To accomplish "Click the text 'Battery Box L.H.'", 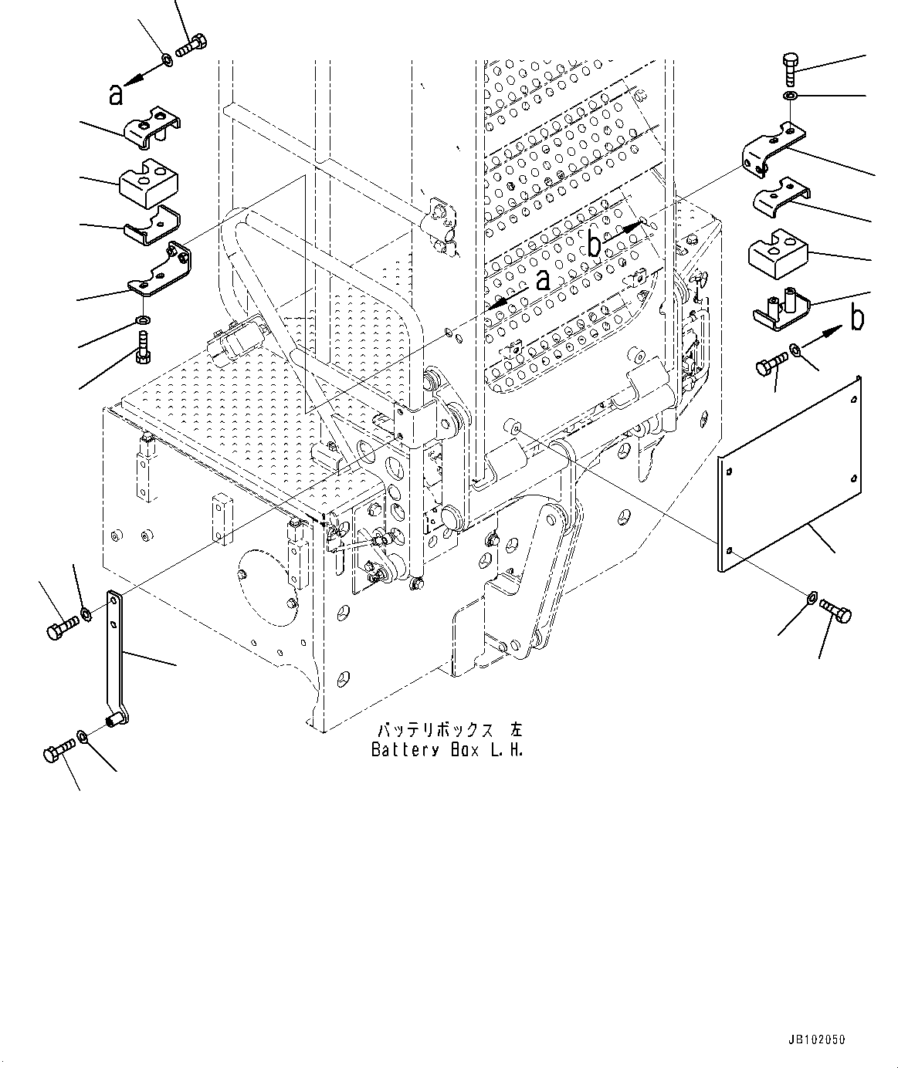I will click(446, 749).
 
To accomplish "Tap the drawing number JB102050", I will click(816, 1040).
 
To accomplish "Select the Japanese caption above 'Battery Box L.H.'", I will click(449, 729).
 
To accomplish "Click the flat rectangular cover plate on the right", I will click(789, 474).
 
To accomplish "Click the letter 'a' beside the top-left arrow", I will click(116, 95).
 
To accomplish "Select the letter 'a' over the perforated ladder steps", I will click(543, 279).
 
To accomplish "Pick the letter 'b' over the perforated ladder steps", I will click(595, 245).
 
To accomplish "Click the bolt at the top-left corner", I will click(189, 45).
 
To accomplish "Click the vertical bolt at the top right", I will click(793, 71).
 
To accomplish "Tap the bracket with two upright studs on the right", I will click(781, 307).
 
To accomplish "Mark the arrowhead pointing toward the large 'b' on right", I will click(832, 332).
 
